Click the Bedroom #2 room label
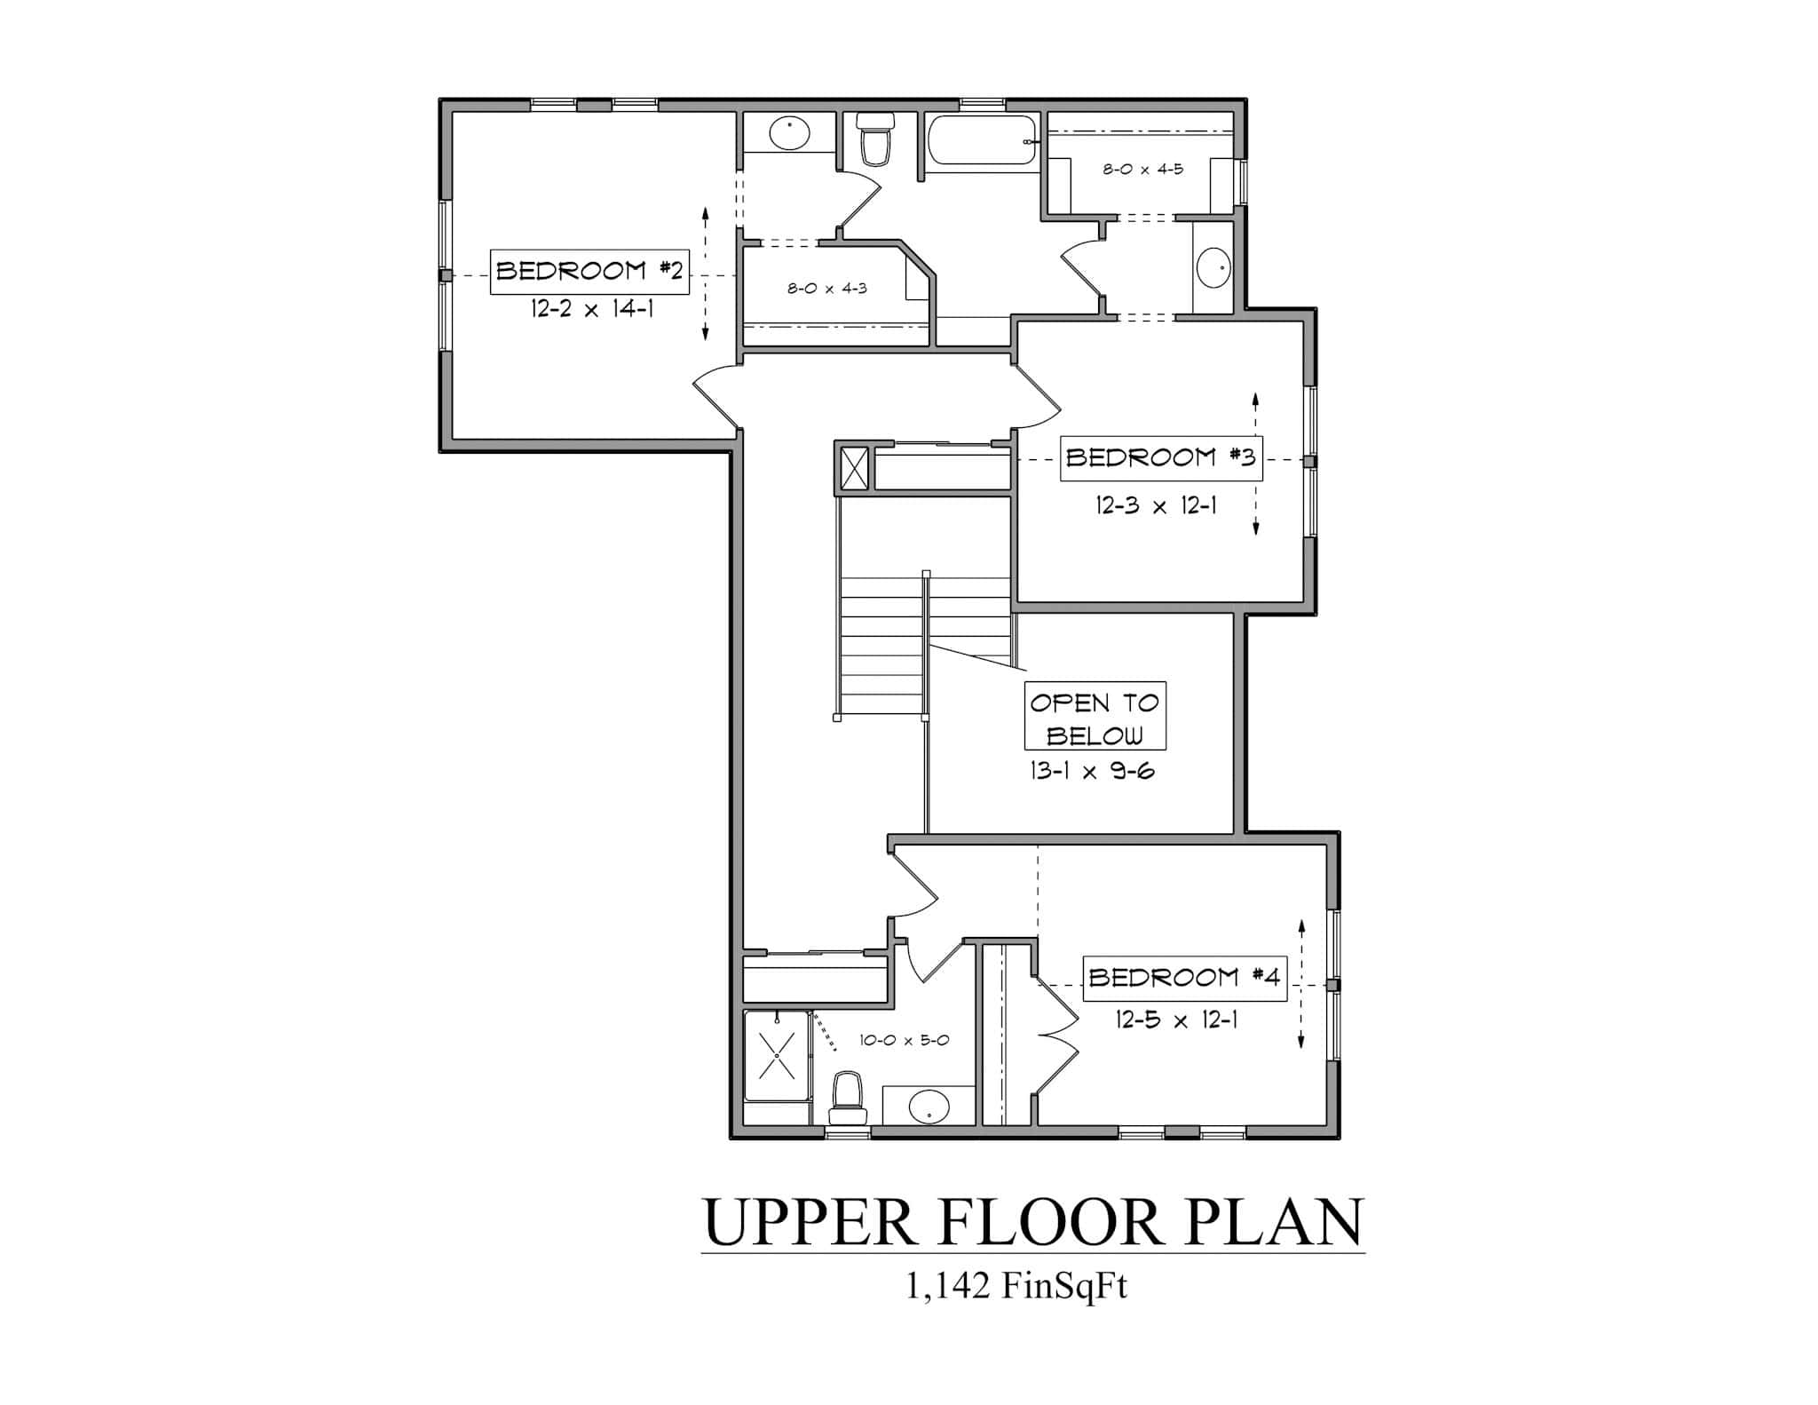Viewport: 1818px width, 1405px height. pos(589,271)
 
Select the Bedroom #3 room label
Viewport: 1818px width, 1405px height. pos(1160,457)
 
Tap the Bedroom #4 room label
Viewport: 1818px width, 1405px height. pos(1184,978)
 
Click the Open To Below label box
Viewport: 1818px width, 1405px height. pos(1095,717)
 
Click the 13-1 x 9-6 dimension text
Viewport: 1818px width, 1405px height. pos(1092,771)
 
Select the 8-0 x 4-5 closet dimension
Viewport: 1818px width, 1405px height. pos(1142,169)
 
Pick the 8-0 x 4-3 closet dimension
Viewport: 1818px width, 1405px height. pos(826,289)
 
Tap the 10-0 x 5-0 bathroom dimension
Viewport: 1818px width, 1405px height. pos(904,1040)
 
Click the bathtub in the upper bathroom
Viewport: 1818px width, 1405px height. pos(982,140)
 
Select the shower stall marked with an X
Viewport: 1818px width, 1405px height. pos(777,1055)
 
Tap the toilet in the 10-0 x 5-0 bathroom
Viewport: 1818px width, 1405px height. pos(846,1099)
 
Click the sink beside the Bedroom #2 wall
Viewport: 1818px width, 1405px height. pos(789,135)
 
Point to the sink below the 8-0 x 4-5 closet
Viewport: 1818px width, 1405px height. pos(1213,267)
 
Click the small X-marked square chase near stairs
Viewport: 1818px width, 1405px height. pos(854,468)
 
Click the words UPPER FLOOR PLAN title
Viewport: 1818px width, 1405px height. pos(1032,1223)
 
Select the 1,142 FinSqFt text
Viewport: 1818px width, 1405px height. pos(1016,1285)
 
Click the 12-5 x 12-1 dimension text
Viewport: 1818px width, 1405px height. pos(1176,1020)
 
